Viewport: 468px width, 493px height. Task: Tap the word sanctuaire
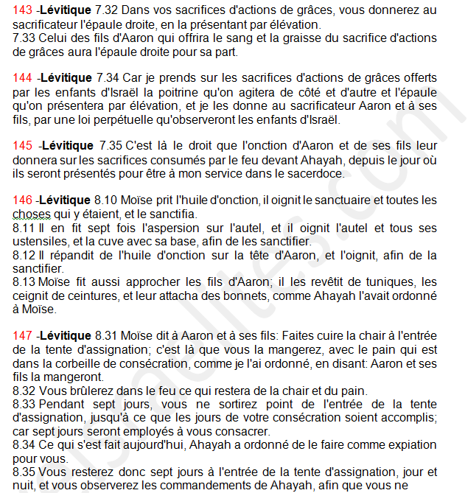(x=332, y=200)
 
